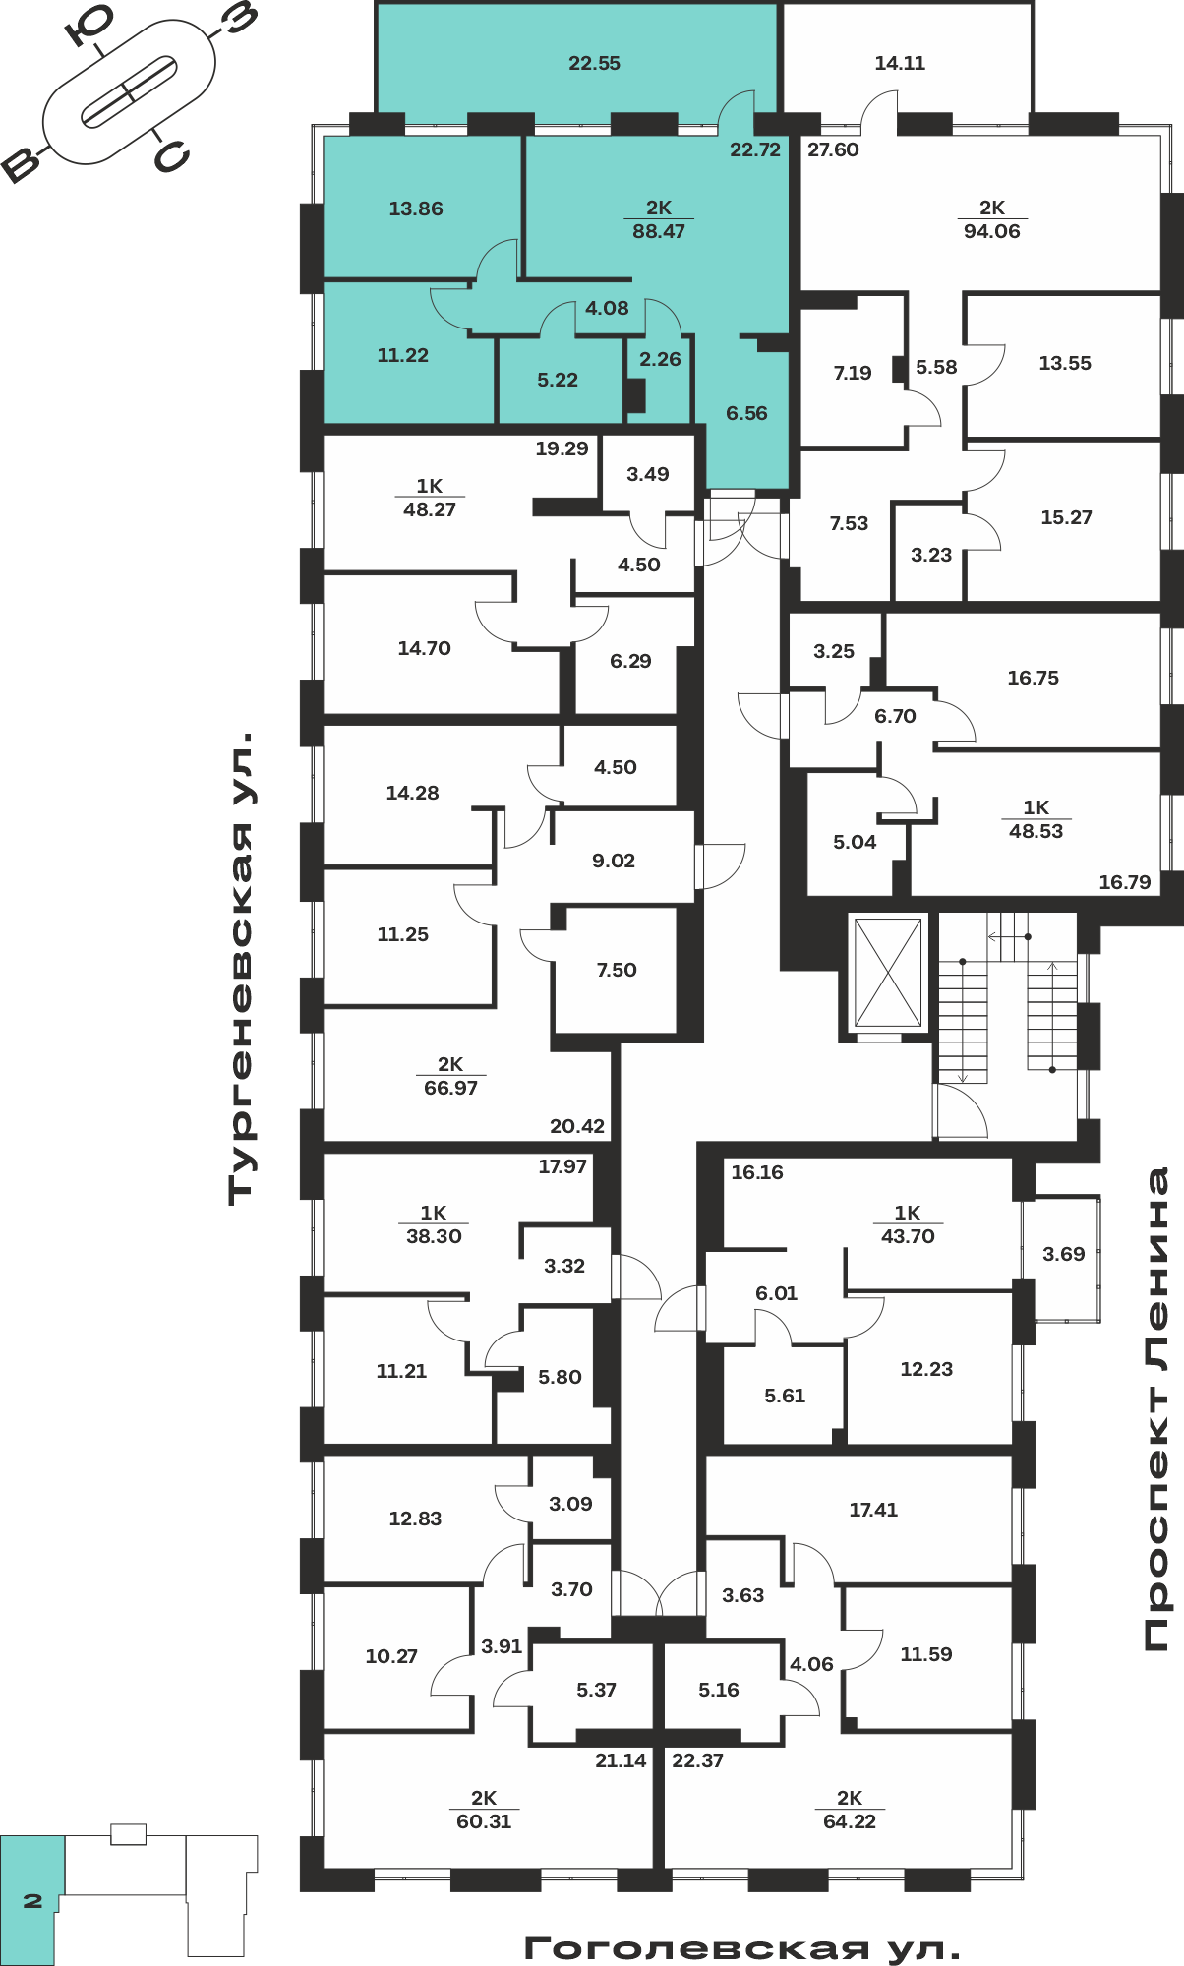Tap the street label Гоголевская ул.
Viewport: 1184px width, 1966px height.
[742, 1948]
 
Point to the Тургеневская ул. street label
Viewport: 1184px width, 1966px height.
[241, 969]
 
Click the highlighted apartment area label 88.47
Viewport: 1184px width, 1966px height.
[659, 231]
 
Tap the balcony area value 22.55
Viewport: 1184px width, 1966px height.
[595, 63]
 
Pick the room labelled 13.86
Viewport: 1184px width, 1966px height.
[416, 209]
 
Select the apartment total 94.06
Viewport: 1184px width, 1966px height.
[992, 231]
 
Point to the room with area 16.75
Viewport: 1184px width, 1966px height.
[1034, 678]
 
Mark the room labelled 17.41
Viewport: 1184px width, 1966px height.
[873, 1510]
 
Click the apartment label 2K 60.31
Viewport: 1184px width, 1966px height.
[484, 1810]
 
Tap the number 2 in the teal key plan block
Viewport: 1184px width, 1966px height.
[32, 1901]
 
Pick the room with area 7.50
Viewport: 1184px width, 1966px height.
[617, 970]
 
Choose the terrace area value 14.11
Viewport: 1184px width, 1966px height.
[900, 63]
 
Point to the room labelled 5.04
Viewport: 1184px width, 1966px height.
[855, 842]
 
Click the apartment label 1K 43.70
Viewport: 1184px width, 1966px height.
[908, 1224]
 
